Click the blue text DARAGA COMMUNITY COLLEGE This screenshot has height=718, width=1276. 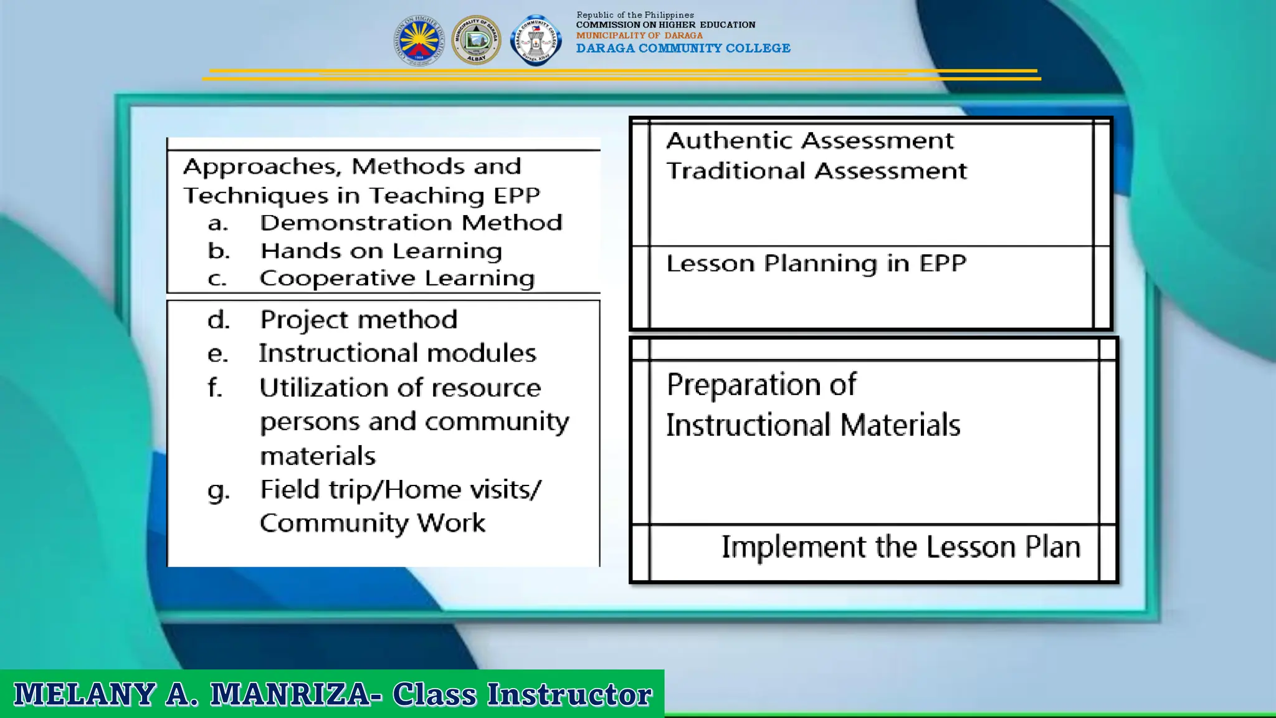[x=683, y=49]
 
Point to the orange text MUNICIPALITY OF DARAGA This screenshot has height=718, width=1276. [x=639, y=36]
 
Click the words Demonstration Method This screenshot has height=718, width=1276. [x=411, y=223]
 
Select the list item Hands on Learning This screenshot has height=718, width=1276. [x=381, y=251]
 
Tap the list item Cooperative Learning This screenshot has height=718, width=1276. [x=397, y=278]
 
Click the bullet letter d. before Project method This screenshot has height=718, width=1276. [x=219, y=320]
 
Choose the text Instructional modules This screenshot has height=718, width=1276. [x=397, y=353]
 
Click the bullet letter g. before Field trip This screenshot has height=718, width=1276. [x=219, y=491]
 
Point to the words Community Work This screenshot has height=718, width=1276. [x=372, y=523]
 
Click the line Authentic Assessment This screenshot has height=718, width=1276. [x=809, y=141]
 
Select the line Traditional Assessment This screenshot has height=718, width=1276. [x=816, y=171]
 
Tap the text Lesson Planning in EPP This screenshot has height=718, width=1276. [x=816, y=264]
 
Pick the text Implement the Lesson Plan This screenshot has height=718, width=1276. [x=900, y=547]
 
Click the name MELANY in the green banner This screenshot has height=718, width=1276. [x=85, y=694]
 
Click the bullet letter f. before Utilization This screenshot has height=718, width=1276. [x=215, y=388]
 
